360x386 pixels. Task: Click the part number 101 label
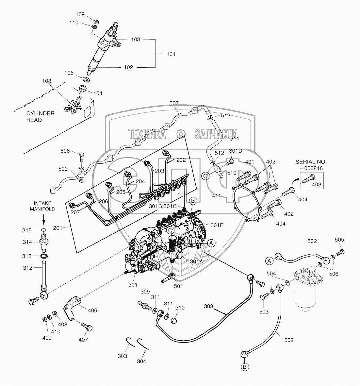point(171,54)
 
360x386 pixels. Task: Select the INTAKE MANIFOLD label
point(42,206)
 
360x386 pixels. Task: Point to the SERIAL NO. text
point(311,162)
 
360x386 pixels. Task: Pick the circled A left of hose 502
point(270,261)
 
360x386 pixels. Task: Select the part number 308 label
point(208,306)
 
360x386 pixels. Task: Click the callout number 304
point(141,361)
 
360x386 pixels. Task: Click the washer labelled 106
point(86,79)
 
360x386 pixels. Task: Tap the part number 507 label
point(174,103)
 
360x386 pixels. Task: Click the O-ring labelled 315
point(43,230)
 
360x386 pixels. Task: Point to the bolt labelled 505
point(341,252)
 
